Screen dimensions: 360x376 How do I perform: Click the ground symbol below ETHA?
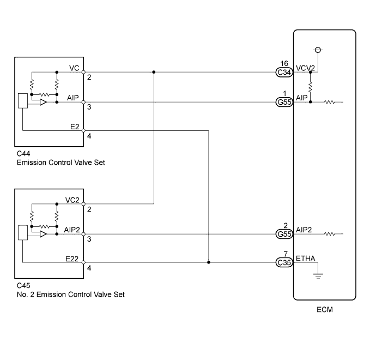(316, 275)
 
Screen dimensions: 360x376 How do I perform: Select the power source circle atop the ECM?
(319, 50)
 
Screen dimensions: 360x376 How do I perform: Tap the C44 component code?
(24, 154)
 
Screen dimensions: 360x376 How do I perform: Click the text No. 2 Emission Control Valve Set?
(70, 295)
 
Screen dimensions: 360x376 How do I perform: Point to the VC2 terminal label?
(72, 199)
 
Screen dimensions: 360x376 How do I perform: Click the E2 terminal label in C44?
(74, 126)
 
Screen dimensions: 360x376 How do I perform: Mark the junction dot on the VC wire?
(154, 71)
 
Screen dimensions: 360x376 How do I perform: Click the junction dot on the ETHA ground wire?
(209, 262)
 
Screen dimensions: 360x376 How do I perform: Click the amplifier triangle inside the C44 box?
(43, 102)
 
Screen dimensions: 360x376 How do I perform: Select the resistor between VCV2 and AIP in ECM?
(310, 87)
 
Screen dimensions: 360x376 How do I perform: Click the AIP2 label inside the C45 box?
(71, 230)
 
